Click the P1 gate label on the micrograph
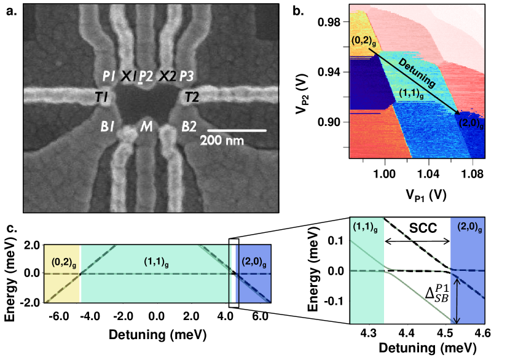point(109,76)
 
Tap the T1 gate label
point(102,96)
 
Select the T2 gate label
point(192,96)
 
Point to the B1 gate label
point(108,127)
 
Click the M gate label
point(146,127)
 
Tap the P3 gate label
point(188,76)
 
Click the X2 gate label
point(167,76)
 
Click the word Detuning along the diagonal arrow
point(417,73)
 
